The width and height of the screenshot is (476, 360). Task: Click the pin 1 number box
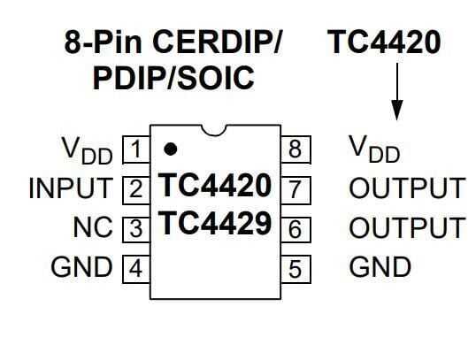134,149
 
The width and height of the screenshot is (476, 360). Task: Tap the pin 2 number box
134,188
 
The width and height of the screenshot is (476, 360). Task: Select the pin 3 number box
134,228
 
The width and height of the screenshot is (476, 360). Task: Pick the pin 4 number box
134,267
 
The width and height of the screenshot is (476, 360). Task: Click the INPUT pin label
72,188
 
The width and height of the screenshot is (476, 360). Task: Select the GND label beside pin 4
83,267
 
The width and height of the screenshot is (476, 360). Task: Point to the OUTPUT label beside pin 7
406,188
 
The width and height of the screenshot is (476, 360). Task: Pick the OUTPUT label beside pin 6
406,228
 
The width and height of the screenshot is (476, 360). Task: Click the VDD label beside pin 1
87,150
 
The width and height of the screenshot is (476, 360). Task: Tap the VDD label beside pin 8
374,150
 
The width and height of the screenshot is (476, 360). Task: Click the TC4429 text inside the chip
214,225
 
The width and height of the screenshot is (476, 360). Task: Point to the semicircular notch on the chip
215,131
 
